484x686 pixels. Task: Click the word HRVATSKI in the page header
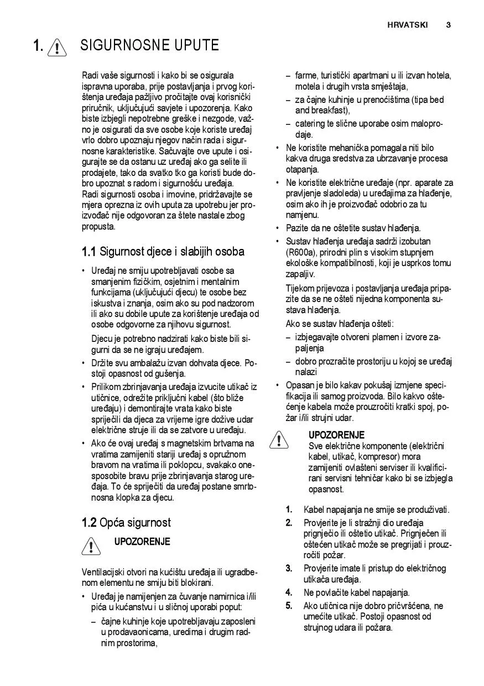(x=407, y=25)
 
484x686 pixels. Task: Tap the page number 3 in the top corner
(x=448, y=25)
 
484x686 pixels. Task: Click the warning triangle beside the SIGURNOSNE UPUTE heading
(x=56, y=47)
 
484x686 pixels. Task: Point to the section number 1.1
(x=89, y=252)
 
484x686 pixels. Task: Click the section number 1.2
(x=89, y=523)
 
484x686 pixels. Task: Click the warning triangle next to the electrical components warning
(x=280, y=440)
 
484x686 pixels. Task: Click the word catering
(x=311, y=124)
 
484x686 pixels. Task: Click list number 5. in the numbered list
(x=289, y=606)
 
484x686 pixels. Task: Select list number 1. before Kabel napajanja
(x=289, y=510)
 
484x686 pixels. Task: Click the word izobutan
(x=414, y=241)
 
